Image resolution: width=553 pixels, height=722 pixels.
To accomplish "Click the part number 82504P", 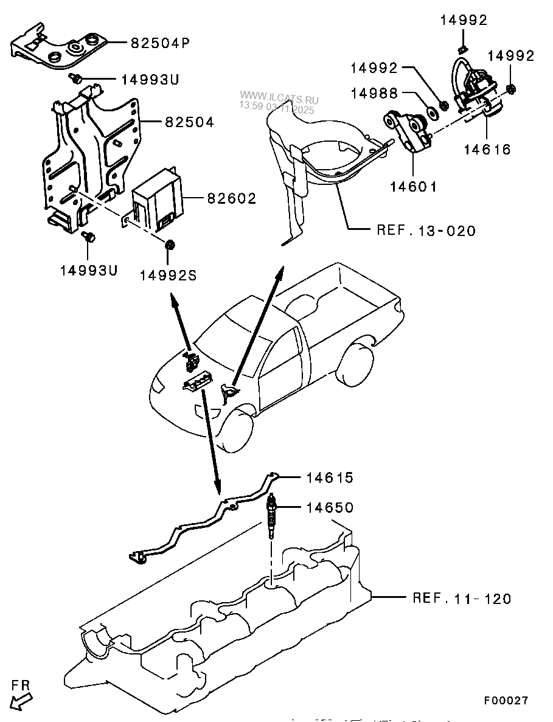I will coord(159,43).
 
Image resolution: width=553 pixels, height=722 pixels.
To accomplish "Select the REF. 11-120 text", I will coord(462,599).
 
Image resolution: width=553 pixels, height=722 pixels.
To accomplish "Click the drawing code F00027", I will coord(506,701).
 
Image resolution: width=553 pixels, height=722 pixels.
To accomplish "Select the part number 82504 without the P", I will coord(189,122).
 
